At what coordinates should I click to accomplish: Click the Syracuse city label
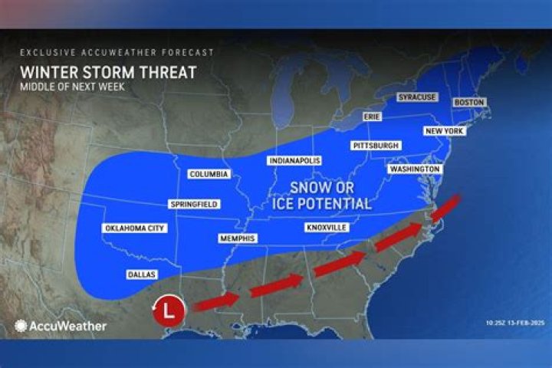(416, 97)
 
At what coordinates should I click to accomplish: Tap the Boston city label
(468, 102)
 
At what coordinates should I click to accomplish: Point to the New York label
(445, 131)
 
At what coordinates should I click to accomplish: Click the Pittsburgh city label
(375, 146)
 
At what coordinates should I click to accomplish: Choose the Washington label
(415, 169)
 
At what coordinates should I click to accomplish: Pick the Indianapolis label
(294, 160)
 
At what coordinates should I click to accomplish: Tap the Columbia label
(209, 174)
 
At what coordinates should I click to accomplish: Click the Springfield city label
(194, 204)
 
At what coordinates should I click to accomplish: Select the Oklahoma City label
(133, 228)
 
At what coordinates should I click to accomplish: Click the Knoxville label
(327, 228)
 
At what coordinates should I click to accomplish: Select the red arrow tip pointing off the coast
(455, 202)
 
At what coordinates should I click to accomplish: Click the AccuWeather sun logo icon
(21, 325)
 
